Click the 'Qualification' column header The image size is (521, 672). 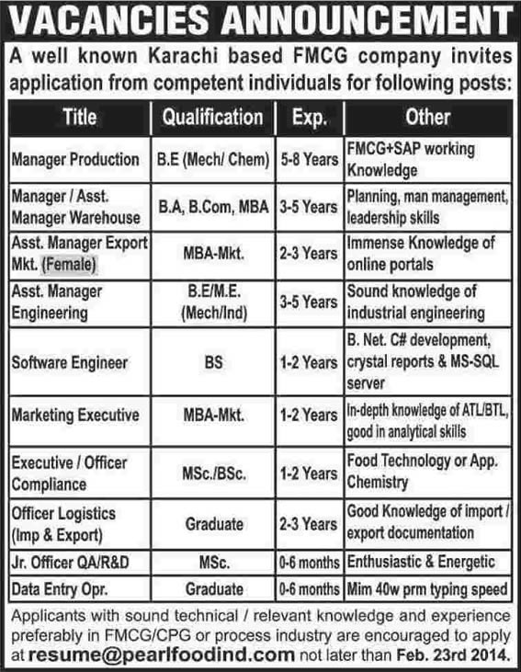pyautogui.click(x=212, y=118)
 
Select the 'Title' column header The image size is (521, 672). pyautogui.click(x=79, y=118)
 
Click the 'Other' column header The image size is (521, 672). pyautogui.click(x=427, y=118)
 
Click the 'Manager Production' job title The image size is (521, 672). pyautogui.click(x=74, y=159)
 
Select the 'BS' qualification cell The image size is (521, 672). pyautogui.click(x=212, y=362)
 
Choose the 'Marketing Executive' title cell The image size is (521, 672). pyautogui.click(x=74, y=416)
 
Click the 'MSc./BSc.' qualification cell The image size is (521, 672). pyautogui.click(x=212, y=473)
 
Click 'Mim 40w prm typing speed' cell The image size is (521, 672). pyautogui.click(x=428, y=587)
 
